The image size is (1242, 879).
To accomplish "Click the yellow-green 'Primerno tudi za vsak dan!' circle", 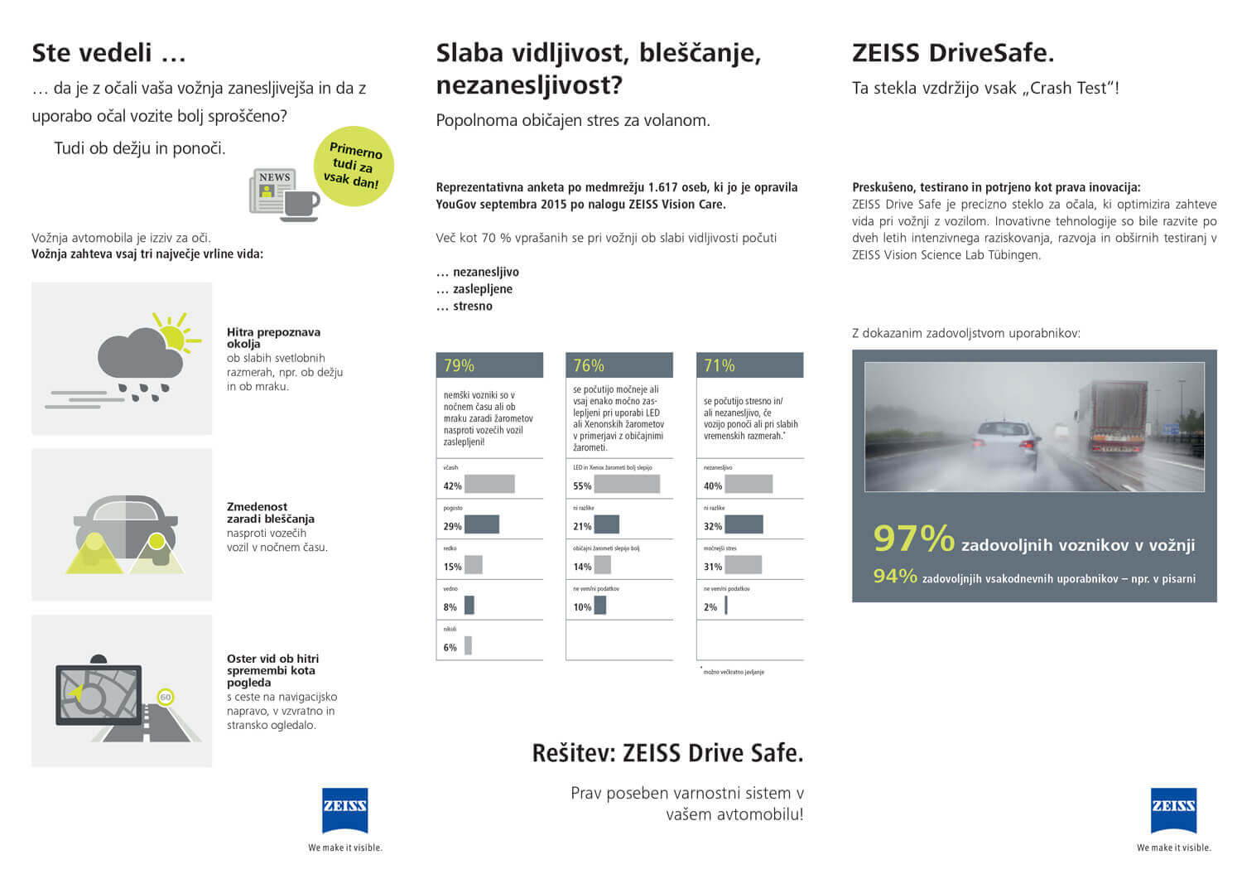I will [x=354, y=166].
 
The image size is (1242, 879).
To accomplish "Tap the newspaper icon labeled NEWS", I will [x=272, y=191].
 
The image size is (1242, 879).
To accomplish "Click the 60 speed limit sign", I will [x=166, y=697].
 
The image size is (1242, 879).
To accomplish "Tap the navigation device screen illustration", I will [x=99, y=694].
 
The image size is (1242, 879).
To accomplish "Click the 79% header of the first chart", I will [x=489, y=365].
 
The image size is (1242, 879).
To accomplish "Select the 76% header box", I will [x=619, y=365].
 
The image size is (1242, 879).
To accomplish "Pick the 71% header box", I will [x=749, y=365].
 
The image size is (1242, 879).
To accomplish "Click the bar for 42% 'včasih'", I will [x=489, y=485].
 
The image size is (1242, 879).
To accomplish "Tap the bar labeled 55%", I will [x=627, y=485].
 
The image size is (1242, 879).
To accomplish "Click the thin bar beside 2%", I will [x=726, y=606].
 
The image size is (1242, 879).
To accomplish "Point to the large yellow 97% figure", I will [x=913, y=539].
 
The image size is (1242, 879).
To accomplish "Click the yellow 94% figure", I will [x=894, y=576].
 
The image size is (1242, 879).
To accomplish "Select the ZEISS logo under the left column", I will [x=344, y=809].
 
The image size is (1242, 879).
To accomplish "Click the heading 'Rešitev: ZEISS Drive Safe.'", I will [x=667, y=753].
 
